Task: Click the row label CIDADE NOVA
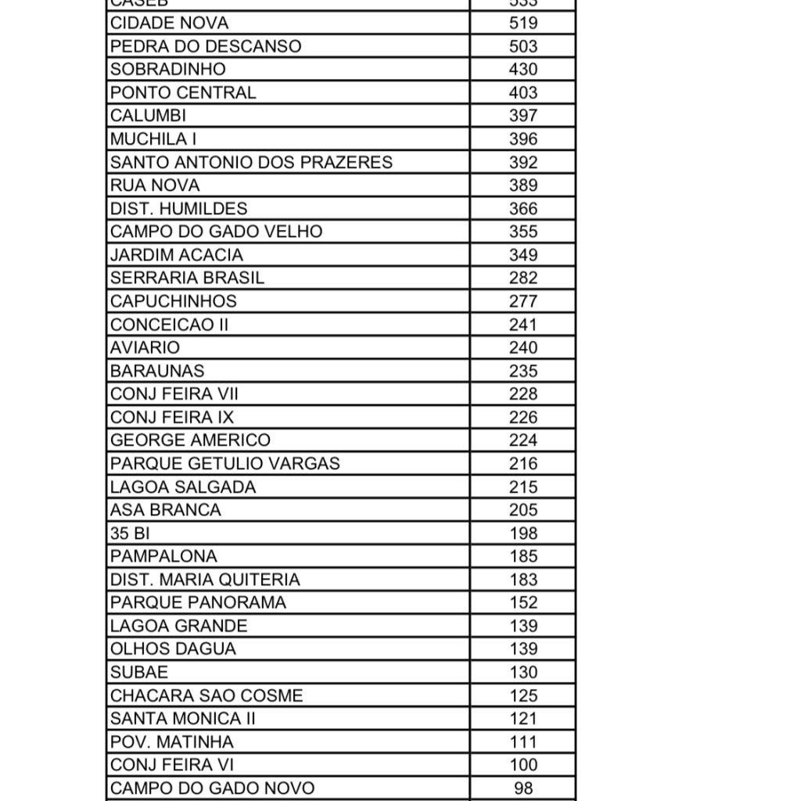170,23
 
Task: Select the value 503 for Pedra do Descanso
523,46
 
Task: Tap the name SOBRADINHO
168,69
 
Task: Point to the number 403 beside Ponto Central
523,92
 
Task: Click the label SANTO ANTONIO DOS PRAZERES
251,162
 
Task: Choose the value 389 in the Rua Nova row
523,185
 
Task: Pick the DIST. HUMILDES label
178,208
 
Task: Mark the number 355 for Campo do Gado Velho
523,232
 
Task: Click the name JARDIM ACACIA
177,254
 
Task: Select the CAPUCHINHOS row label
174,301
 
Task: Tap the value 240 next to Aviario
523,347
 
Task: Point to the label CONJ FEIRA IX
172,417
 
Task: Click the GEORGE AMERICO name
190,440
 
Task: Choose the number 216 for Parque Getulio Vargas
523,463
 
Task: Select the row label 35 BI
130,533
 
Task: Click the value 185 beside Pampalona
523,556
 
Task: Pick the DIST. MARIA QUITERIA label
205,580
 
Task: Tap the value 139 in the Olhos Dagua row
523,648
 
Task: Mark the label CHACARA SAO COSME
207,695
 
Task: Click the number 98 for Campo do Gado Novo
523,788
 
